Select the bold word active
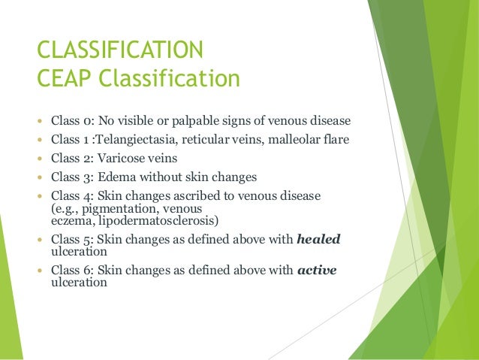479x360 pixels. click(317, 272)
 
